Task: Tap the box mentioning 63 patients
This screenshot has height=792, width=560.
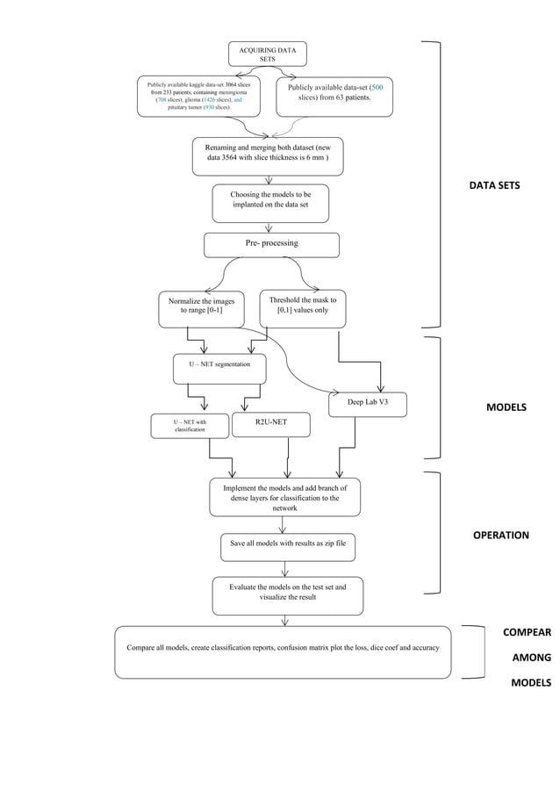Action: click(334, 95)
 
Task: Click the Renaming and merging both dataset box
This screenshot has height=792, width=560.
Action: click(268, 155)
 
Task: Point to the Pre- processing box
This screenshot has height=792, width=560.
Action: click(271, 244)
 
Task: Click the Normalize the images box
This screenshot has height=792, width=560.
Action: click(201, 307)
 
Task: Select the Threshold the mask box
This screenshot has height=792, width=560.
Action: click(302, 307)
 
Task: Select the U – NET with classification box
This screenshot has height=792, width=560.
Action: click(189, 426)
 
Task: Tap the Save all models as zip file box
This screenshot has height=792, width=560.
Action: click(288, 544)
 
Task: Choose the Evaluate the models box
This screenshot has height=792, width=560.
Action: click(287, 594)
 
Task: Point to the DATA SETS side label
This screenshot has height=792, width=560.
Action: click(494, 186)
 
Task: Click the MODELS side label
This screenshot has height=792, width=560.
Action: click(506, 407)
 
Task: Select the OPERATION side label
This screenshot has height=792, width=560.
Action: click(500, 535)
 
